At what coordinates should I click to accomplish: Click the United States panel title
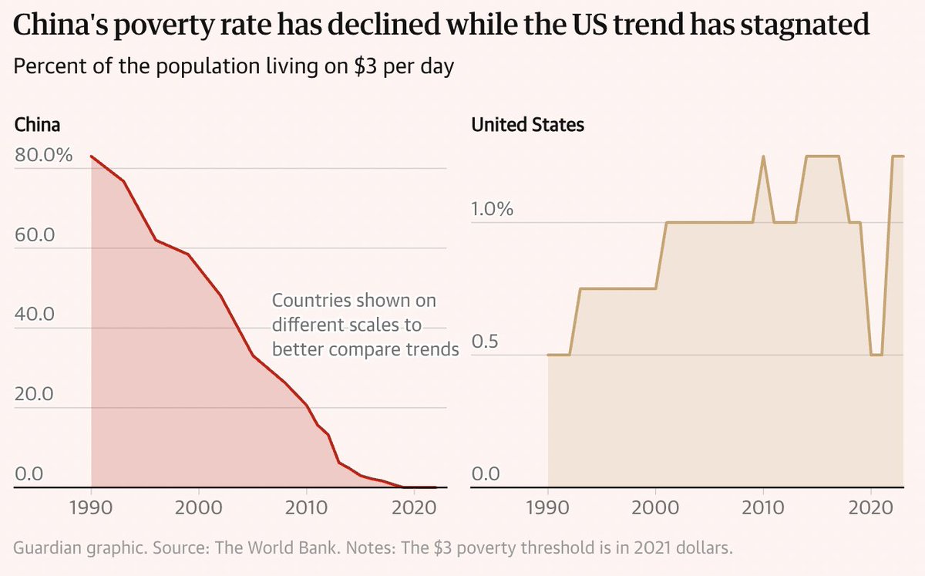coord(527,124)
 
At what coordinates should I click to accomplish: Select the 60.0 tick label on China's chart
coord(35,235)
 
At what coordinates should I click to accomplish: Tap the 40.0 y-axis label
coord(35,315)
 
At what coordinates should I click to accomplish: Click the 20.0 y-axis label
coord(35,394)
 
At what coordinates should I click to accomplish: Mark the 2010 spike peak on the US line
coord(763,157)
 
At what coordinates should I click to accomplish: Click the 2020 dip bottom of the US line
coord(876,355)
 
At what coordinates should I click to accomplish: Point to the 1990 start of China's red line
coord(92,157)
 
